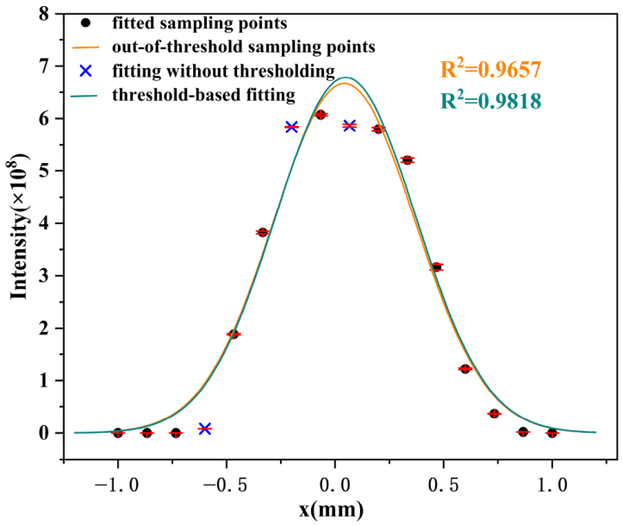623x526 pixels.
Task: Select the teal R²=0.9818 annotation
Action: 489,101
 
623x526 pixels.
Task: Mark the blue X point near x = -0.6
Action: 205,429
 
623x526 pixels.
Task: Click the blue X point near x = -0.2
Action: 291,127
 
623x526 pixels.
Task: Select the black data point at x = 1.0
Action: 551,433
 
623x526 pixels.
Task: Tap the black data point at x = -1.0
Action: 118,433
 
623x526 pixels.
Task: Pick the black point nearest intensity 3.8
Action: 263,232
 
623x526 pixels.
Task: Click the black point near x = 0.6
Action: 465,369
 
